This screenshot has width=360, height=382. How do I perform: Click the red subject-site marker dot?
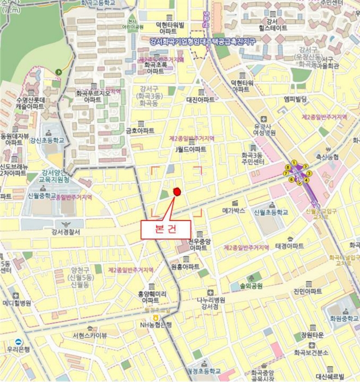point(177,191)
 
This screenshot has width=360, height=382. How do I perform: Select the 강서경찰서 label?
point(65,232)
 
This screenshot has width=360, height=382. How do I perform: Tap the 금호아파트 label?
point(140,130)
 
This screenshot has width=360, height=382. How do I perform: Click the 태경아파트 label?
point(290,246)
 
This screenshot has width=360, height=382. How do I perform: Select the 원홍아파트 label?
point(185,267)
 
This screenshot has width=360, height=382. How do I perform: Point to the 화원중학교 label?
point(342,318)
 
